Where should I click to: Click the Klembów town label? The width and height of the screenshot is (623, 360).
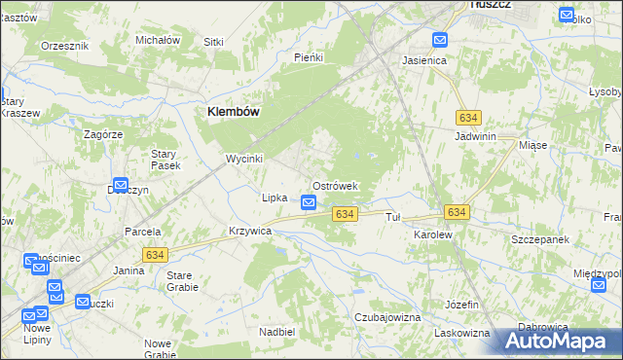(x=233, y=112)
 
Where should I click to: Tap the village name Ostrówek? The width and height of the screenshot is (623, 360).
(x=336, y=185)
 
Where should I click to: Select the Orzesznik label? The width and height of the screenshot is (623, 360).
(x=64, y=46)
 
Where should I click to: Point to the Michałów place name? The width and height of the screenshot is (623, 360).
(x=158, y=40)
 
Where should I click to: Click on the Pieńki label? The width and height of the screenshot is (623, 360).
(x=308, y=57)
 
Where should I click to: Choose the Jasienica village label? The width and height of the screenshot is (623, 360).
(x=424, y=59)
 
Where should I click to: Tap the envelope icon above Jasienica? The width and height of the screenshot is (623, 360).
(x=439, y=41)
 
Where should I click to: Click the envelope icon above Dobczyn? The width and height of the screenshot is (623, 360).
(x=121, y=184)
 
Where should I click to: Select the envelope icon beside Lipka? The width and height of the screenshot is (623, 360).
(x=309, y=202)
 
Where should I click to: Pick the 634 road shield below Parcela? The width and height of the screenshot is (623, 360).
(x=154, y=254)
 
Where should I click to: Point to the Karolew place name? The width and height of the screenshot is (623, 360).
(x=433, y=235)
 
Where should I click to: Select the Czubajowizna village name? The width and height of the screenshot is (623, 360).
(x=387, y=317)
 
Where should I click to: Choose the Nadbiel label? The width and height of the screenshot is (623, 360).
(x=277, y=332)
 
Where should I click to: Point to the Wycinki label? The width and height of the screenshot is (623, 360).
(x=245, y=158)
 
